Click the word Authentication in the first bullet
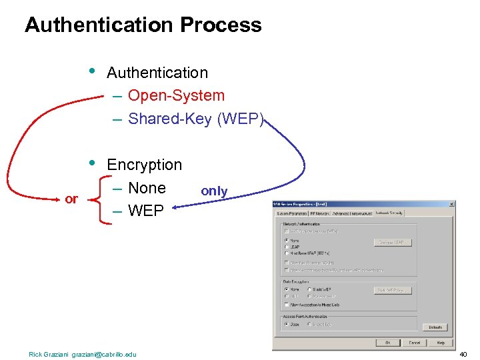pos(157,73)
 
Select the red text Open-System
pos(176,95)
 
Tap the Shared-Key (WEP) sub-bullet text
pos(196,119)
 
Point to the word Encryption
pos(144,165)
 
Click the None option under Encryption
pos(147,188)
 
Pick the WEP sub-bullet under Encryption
pos(145,211)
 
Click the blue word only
pos(214,191)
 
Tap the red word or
pos(71,199)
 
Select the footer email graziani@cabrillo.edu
pos(103,354)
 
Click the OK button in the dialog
pos(387,343)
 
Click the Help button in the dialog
pos(440,343)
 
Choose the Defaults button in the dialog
pos(435,327)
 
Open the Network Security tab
pos(389,213)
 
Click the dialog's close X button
pos(452,204)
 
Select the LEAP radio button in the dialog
pos(287,247)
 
